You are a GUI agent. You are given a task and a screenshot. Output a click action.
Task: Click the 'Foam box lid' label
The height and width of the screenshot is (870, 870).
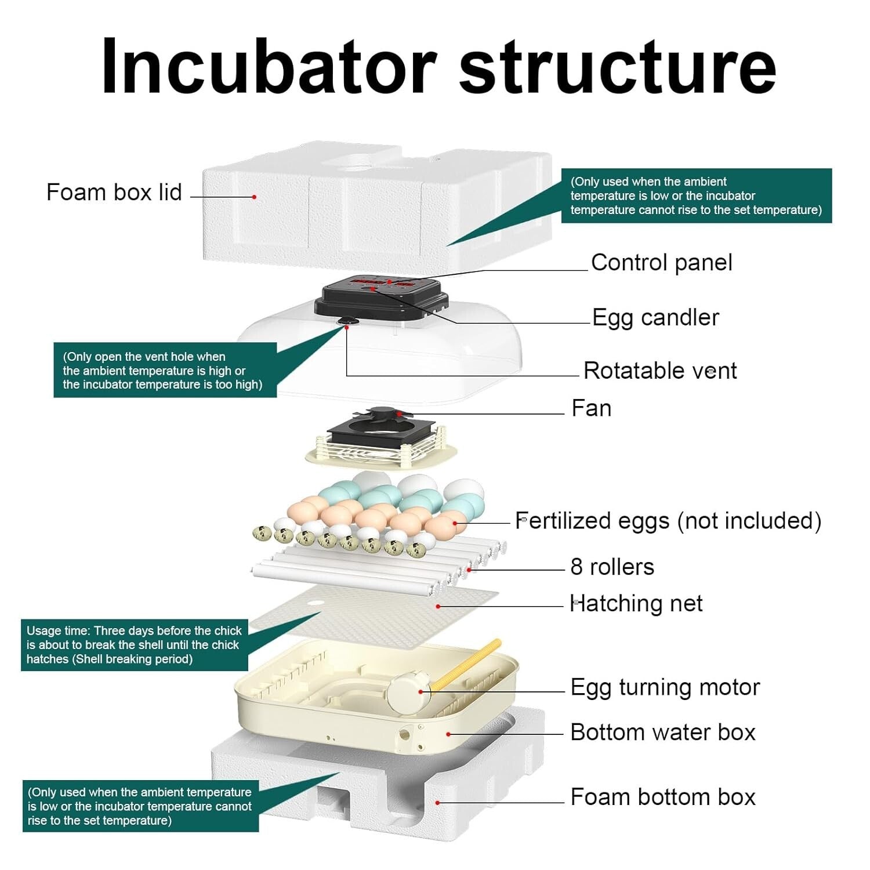click(114, 193)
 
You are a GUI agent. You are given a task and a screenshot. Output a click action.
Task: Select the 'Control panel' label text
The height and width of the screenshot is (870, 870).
click(661, 263)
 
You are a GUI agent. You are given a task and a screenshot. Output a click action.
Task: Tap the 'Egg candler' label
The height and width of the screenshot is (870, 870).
click(655, 318)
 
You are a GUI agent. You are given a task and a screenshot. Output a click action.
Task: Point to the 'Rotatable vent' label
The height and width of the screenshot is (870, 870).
click(660, 371)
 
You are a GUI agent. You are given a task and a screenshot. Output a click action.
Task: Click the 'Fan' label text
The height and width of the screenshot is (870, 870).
click(591, 408)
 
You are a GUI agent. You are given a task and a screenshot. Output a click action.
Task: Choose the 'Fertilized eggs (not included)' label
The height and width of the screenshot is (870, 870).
click(668, 521)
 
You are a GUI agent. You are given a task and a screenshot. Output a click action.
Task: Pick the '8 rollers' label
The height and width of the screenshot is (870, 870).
click(612, 567)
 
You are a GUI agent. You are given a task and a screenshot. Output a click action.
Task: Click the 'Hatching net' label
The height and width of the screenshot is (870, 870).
click(636, 604)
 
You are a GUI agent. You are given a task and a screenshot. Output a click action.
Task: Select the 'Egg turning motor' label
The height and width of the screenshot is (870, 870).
click(665, 687)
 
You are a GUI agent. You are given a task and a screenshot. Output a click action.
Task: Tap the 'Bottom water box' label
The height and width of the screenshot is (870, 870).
click(663, 733)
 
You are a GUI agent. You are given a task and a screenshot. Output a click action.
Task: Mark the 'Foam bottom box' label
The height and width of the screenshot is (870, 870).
click(663, 797)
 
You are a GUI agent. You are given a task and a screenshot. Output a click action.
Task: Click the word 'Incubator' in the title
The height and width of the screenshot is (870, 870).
click(269, 67)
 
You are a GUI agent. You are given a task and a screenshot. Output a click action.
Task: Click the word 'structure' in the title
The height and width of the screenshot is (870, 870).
click(618, 67)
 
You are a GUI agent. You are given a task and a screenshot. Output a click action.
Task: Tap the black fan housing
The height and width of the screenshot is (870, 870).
click(380, 432)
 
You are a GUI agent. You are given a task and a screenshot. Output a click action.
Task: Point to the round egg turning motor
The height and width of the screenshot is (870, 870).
click(409, 692)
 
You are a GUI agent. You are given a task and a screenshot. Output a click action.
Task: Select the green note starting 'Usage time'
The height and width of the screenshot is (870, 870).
click(134, 645)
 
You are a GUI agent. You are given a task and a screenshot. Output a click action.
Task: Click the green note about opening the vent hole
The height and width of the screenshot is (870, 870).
click(165, 371)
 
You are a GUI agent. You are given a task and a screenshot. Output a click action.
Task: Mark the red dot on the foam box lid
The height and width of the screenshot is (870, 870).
click(254, 197)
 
